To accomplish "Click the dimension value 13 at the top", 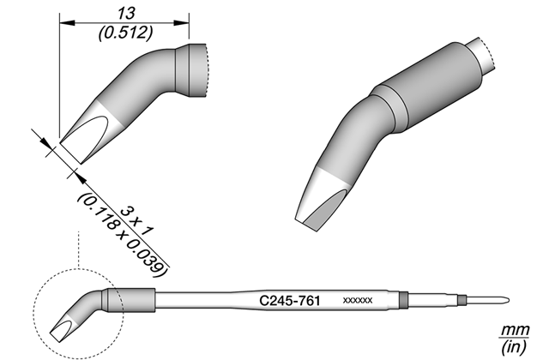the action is (x=126, y=14).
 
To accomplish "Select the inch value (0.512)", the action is (x=126, y=33).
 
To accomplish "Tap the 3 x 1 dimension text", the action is (x=137, y=221).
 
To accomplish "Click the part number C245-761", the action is (x=290, y=301).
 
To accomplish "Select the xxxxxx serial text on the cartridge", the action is (x=358, y=301).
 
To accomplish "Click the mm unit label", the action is (x=515, y=330).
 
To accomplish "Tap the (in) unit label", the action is (x=514, y=346).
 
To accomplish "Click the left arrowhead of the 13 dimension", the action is (x=67, y=23).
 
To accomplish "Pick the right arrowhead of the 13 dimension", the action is (x=182, y=23).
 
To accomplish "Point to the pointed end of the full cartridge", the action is (x=509, y=301).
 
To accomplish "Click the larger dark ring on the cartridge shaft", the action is (x=404, y=301).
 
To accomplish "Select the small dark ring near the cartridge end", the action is (x=462, y=300).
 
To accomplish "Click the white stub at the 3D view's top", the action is (x=482, y=55).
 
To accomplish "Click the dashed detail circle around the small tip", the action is (x=34, y=314).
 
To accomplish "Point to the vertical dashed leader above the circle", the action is (x=79, y=249).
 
